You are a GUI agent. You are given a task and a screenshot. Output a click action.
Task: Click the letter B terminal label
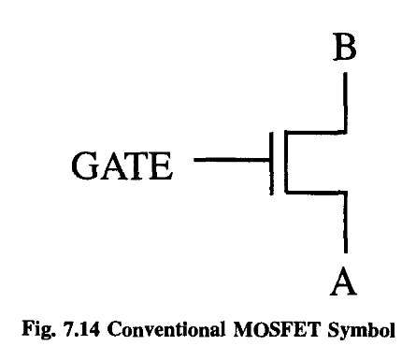point(346,49)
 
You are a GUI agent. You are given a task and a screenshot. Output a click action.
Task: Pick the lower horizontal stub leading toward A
point(315,193)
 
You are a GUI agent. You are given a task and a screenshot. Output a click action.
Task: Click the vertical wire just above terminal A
point(347,224)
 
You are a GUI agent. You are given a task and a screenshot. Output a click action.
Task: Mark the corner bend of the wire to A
point(347,193)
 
